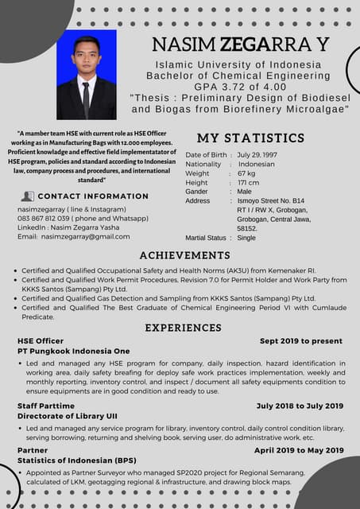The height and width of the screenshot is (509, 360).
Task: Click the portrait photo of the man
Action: point(87,76)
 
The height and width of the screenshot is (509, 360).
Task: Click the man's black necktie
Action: point(86,99)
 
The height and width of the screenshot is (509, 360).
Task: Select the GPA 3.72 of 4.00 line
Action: point(239,86)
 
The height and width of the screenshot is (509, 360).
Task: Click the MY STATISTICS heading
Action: point(251,138)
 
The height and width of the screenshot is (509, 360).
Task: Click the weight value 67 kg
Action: point(246,173)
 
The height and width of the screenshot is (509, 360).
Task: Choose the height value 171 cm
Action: point(248,183)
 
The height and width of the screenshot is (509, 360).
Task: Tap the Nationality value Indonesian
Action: point(256,164)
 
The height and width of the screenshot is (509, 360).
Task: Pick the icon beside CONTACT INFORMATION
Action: point(28,196)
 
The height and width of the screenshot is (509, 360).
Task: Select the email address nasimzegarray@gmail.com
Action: point(85,237)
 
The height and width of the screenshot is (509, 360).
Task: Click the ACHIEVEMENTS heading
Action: point(184,255)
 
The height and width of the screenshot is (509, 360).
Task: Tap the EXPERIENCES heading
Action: point(183,328)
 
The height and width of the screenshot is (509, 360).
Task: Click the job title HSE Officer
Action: point(41,341)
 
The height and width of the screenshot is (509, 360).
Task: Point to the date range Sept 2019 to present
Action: point(300,341)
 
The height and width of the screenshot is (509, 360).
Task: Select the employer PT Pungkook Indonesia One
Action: point(73,352)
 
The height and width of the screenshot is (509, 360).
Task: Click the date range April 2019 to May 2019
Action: point(298,450)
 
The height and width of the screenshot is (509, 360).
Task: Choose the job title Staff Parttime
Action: point(46,406)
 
